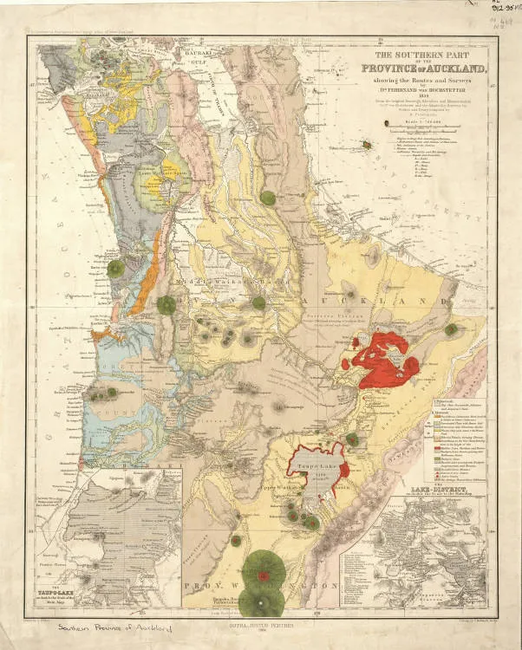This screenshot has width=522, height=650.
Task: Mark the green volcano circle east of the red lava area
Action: point(451,329)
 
